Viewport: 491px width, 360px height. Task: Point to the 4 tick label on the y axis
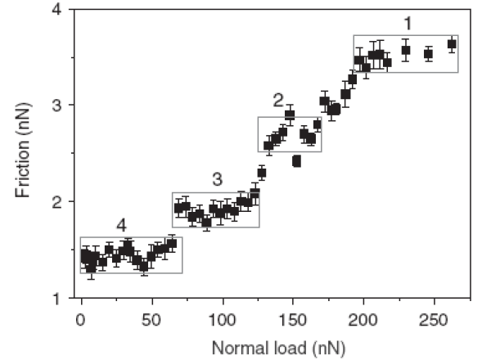coord(55,10)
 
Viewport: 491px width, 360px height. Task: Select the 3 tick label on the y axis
coord(55,106)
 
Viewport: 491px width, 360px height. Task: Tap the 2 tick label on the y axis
coord(55,201)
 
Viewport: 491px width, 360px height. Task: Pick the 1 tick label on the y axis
coord(55,298)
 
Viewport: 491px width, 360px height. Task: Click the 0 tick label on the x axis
coord(80,316)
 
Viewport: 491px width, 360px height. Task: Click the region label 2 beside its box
coord(278,101)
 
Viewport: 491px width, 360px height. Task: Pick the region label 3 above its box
coord(216,179)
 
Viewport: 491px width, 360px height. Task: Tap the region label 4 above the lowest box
coord(121,225)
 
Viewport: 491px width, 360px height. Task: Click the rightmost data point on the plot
coord(452,44)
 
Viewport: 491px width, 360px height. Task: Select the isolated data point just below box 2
coord(296,161)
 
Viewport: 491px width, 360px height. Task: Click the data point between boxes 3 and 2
coord(262,173)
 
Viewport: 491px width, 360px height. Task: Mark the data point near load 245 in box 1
coord(428,54)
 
